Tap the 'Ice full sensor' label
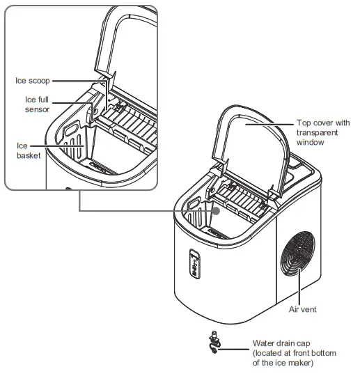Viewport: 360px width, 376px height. [35, 105]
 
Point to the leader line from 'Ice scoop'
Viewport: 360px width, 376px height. [77, 80]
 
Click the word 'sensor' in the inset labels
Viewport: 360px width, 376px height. [37, 110]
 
